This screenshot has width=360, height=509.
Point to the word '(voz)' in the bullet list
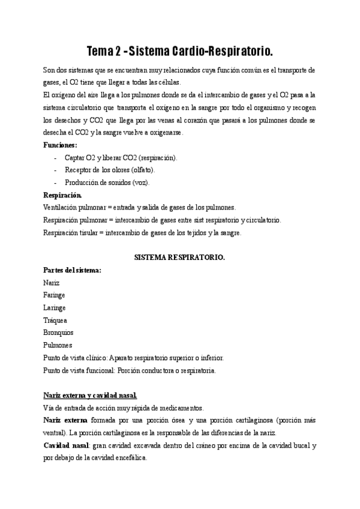(x=140, y=182)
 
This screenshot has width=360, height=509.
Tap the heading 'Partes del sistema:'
(x=73, y=270)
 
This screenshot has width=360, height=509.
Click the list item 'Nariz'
(x=52, y=283)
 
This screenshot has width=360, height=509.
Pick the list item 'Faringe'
(x=55, y=295)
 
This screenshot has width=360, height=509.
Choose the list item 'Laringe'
(x=55, y=307)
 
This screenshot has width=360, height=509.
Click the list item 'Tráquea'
(x=55, y=320)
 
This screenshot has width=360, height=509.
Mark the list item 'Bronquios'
(x=59, y=333)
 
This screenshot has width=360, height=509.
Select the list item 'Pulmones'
(x=58, y=345)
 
